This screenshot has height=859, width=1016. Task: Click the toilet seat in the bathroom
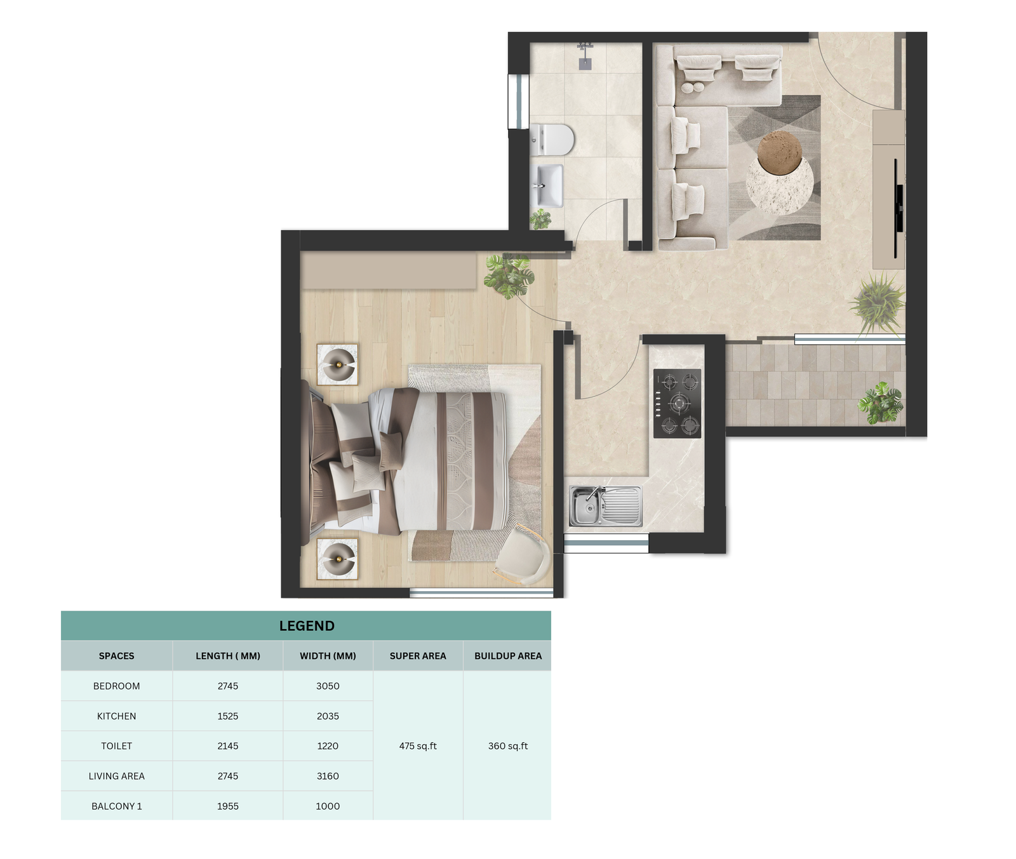(x=558, y=140)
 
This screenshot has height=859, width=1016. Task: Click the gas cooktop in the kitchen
(x=678, y=403)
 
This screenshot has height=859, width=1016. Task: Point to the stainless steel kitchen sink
(x=605, y=506)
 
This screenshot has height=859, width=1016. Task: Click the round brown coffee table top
(x=780, y=153)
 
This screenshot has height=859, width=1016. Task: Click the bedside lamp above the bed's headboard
(x=337, y=364)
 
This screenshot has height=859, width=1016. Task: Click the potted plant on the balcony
(x=881, y=403)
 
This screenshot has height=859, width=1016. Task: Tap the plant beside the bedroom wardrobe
(x=509, y=276)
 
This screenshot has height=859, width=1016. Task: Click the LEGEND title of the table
(x=307, y=626)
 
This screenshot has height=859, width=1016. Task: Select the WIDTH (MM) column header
(x=328, y=656)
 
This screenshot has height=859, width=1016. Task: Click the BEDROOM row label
(x=117, y=686)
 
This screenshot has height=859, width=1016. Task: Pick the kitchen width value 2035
(x=328, y=716)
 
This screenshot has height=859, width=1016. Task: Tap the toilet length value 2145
(x=228, y=746)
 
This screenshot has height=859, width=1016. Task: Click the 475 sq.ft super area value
(x=418, y=746)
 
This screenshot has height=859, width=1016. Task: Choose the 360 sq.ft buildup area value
(x=508, y=746)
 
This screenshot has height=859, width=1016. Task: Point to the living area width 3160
(x=328, y=776)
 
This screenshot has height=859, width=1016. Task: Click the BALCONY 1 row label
(x=117, y=806)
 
